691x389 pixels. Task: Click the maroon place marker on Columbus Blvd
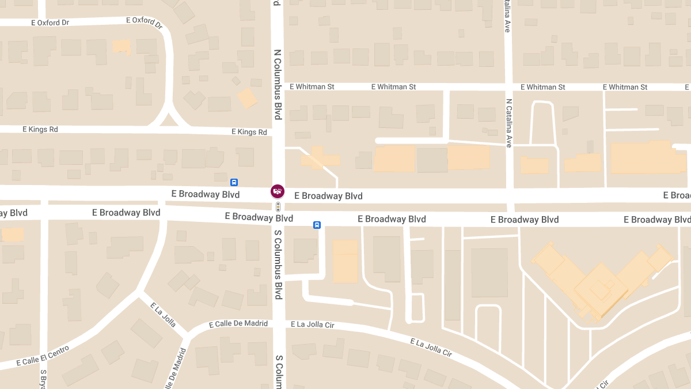coord(277,191)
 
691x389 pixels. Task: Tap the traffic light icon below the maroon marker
coord(278,206)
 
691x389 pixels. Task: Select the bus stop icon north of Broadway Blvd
coord(234,182)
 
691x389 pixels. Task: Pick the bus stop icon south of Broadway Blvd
coord(317,225)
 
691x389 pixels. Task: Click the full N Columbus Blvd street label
coord(278,84)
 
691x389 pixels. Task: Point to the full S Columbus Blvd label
coord(278,265)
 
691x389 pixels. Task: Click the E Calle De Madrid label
coord(238,324)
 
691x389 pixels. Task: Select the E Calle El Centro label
coord(43,356)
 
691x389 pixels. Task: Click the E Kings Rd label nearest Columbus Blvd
coord(249,132)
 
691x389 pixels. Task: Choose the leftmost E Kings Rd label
coord(40,130)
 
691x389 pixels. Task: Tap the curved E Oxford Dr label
coord(145,22)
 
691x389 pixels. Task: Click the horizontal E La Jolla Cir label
coord(313,325)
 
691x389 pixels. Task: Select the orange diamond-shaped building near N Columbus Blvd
coord(247,98)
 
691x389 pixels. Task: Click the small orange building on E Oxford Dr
coord(122,47)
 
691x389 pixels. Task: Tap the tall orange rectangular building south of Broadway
coord(345,261)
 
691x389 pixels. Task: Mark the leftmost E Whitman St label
coord(312,87)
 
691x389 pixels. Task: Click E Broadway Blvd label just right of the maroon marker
coord(328,196)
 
